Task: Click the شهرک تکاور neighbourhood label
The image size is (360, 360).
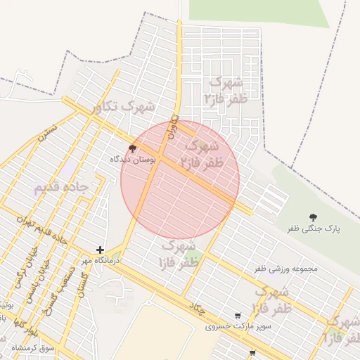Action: [124, 107]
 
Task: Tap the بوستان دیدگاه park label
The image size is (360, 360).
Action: [131, 160]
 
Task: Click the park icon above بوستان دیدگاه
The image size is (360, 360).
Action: [133, 148]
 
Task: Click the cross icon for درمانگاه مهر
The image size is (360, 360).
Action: [101, 250]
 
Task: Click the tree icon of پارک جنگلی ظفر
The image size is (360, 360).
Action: [313, 218]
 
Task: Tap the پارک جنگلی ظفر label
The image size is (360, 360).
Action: [313, 229]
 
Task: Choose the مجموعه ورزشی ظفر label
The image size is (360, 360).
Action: [286, 269]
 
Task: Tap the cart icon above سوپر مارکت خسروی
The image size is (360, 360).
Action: [238, 316]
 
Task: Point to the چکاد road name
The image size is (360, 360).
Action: [196, 307]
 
